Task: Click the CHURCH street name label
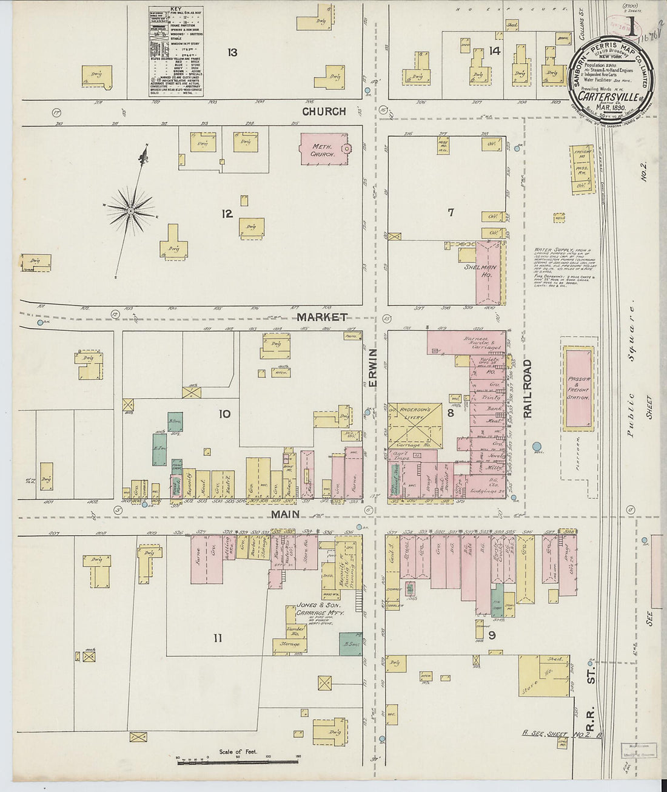tap(324, 112)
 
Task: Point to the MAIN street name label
tap(286, 514)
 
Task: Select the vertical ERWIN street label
tap(374, 368)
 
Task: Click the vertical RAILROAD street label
tap(527, 388)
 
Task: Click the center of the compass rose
tap(130, 211)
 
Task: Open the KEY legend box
tap(175, 52)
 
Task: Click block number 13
tap(232, 52)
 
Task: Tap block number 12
tap(227, 213)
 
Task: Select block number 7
tap(451, 212)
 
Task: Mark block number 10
tap(224, 414)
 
